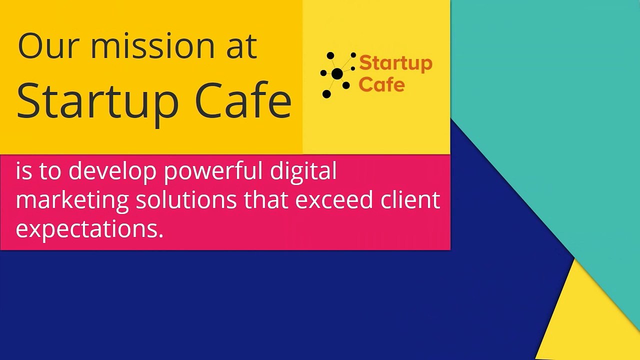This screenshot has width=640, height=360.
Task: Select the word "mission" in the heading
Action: pos(147,46)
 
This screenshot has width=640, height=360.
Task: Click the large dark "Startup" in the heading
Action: pos(97,101)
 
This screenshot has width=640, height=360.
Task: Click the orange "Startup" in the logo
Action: pos(395,64)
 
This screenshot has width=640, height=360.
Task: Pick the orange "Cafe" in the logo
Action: pos(381,84)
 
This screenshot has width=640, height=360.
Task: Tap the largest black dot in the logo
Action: pos(337,74)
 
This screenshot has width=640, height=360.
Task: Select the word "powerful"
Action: pos(213,171)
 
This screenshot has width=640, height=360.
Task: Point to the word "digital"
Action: pos(303,171)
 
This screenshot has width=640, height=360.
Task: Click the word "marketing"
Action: pos(72,200)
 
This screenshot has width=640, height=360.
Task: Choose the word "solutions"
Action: pos(186,199)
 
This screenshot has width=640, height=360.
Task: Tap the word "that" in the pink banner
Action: pos(265,199)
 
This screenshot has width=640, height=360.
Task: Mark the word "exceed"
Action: pos(334,199)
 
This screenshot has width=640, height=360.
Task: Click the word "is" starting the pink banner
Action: pos(23,171)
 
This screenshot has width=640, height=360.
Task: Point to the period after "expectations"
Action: pos(161,235)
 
